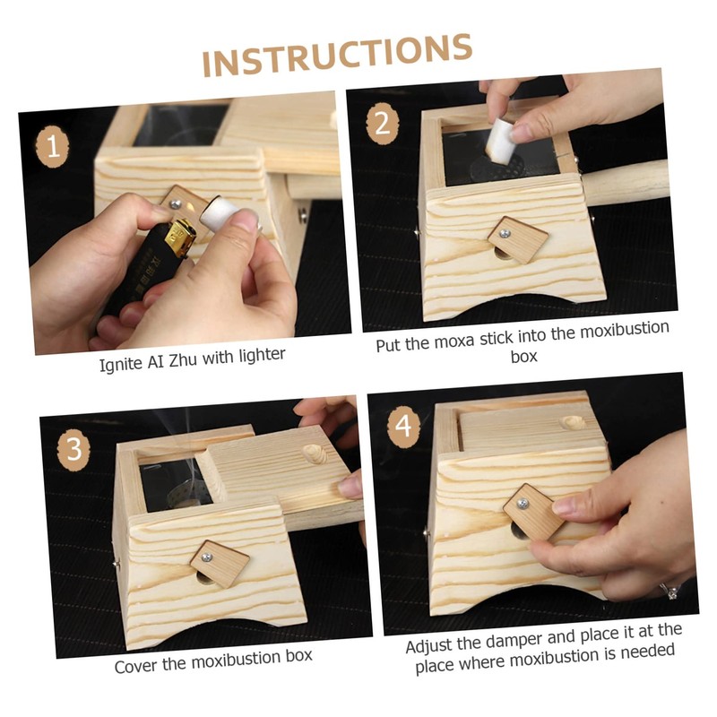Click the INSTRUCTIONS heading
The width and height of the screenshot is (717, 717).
[337, 55]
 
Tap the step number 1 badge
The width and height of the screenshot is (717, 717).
[53, 146]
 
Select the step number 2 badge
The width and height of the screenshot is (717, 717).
[383, 124]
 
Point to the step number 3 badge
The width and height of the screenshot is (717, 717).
[73, 449]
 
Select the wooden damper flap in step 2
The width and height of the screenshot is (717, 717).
[519, 239]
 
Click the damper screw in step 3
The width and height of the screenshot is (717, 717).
[207, 557]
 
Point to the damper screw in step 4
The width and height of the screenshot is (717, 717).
[523, 505]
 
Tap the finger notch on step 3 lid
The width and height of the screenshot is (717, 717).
[315, 454]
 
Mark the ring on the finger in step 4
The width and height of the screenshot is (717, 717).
[670, 592]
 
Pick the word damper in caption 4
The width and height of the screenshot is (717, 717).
[513, 640]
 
